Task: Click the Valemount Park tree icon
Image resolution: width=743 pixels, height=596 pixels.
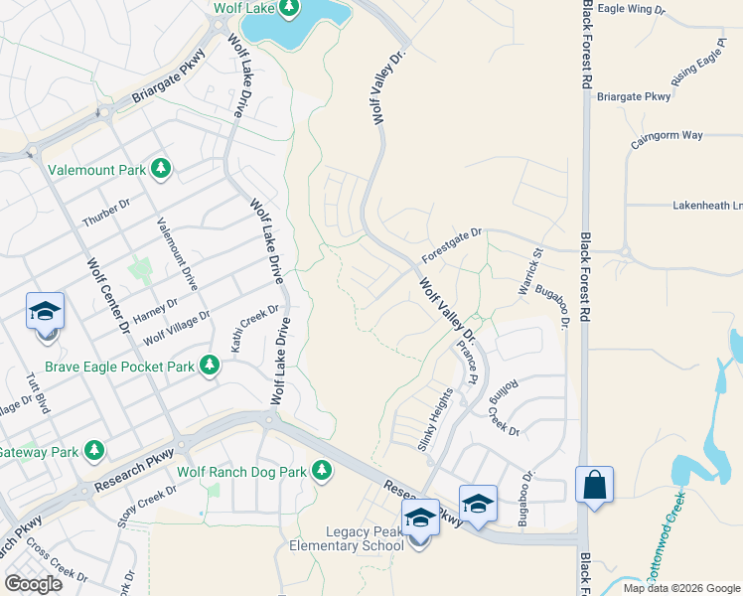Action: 160,170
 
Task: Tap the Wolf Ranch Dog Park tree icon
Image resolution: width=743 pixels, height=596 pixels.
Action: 321,471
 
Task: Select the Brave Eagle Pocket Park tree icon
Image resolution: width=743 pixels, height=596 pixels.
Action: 209,367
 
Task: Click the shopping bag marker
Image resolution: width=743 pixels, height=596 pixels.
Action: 593,486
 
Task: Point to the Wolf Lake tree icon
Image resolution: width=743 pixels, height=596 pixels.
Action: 288,9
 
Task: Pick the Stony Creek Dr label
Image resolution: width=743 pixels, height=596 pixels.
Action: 146,504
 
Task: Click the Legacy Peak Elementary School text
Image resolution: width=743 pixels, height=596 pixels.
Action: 347,539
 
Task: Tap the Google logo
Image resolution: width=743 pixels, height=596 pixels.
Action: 33,584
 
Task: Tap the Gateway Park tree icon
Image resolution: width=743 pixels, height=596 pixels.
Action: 94,451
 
